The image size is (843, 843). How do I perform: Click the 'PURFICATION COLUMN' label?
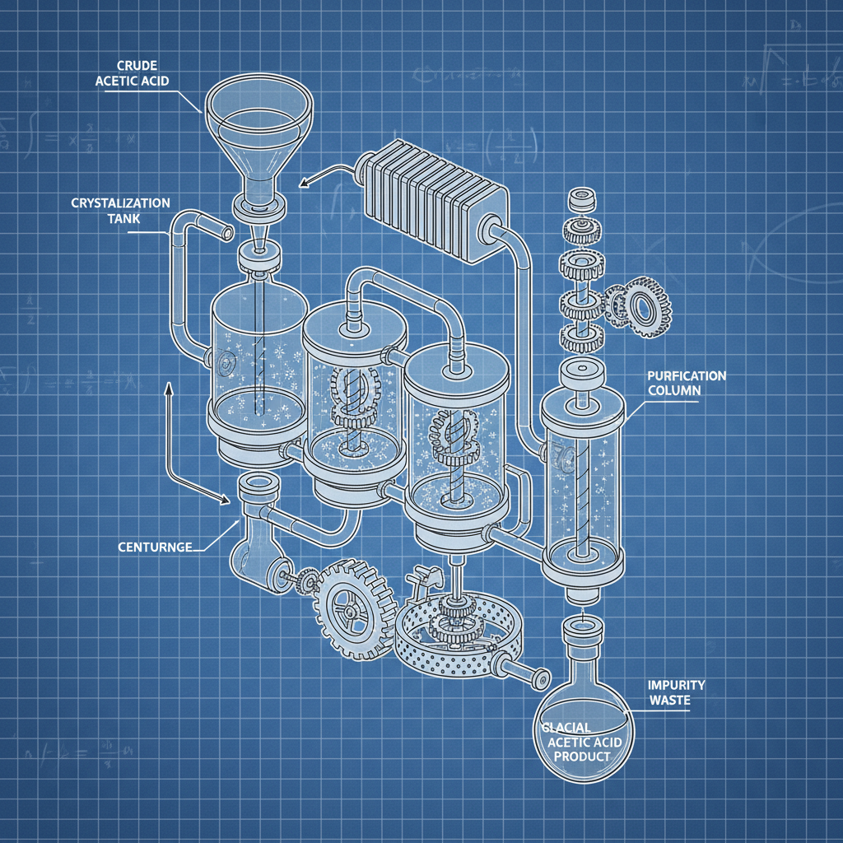click(x=687, y=382)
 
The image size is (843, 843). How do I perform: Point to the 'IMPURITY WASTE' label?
click(x=675, y=692)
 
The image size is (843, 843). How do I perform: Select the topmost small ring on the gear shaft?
click(x=581, y=201)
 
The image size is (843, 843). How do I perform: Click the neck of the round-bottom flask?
click(x=584, y=639)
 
